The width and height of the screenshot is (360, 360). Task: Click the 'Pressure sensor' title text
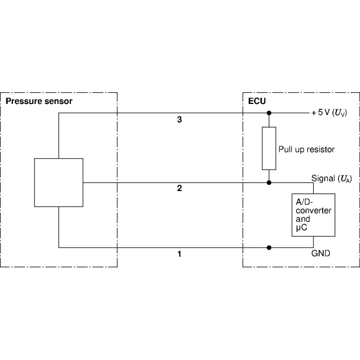pos(39,101)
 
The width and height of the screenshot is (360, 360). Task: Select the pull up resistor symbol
pos(269,148)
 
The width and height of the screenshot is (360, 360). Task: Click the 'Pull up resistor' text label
pos(306,149)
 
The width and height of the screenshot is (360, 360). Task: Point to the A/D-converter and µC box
pos(313,215)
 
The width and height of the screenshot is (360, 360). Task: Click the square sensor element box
pos(58,182)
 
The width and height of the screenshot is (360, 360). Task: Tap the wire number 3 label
pos(180,120)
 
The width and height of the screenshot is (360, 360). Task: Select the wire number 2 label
pos(180,189)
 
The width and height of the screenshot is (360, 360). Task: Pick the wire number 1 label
pos(180,254)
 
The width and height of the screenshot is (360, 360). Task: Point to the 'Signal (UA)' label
pos(332,179)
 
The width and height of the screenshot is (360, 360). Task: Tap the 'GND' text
pos(320,253)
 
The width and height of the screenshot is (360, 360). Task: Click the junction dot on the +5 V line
pos(269,112)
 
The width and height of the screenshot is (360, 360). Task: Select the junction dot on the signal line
pos(269,183)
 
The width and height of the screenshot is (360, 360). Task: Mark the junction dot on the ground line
pos(269,247)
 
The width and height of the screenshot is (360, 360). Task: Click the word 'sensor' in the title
pos(58,101)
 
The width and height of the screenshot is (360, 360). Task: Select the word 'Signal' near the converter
pos(322,179)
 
